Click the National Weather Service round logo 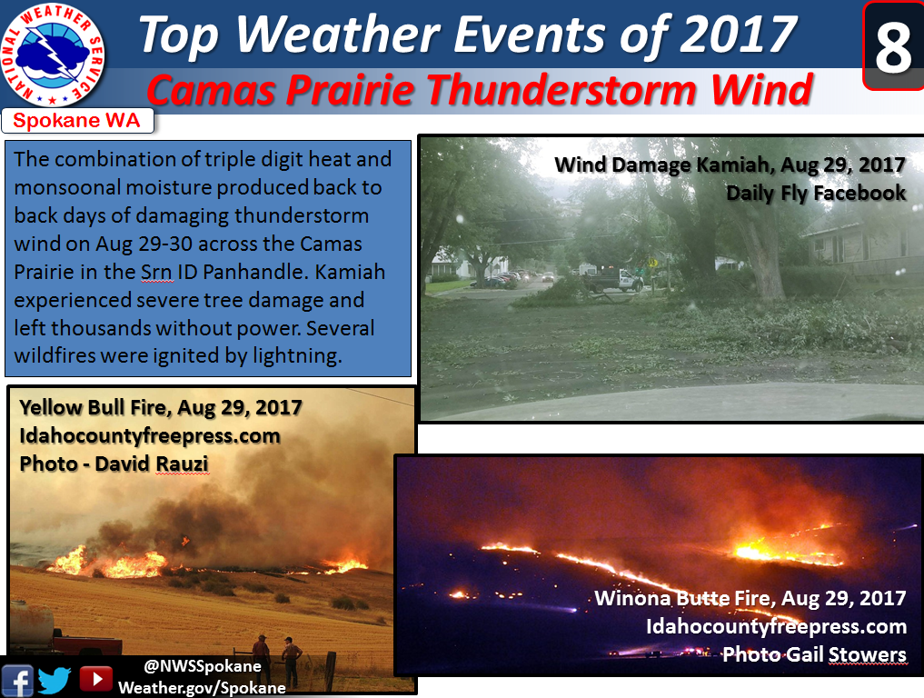click(x=53, y=56)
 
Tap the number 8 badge click(x=893, y=46)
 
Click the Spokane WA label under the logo click(x=76, y=120)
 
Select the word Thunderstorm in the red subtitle click(x=562, y=91)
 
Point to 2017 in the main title click(x=738, y=35)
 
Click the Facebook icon click(x=17, y=681)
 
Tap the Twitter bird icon click(x=55, y=681)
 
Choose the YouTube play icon click(x=95, y=679)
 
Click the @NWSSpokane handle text click(x=202, y=666)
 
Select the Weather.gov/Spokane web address click(x=202, y=688)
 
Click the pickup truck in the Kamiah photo click(x=613, y=281)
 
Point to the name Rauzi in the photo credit click(x=182, y=464)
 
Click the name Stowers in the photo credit click(x=867, y=654)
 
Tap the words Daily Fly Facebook click(x=816, y=193)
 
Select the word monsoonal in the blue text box click(x=68, y=187)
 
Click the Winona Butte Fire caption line click(x=750, y=598)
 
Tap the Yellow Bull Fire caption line click(x=160, y=407)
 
